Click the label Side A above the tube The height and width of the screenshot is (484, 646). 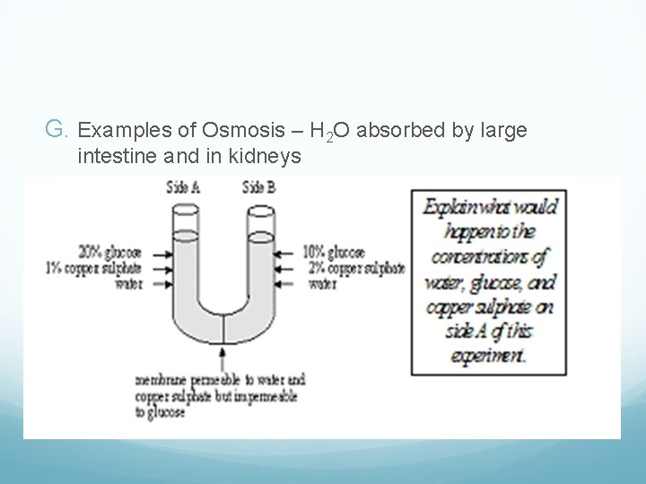pos(184,186)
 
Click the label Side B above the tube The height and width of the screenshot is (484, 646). pos(258,186)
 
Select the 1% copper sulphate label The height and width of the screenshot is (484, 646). pos(91,266)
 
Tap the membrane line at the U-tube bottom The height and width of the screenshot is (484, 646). pos(223,326)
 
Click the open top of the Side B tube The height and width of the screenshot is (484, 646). pos(260,206)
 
